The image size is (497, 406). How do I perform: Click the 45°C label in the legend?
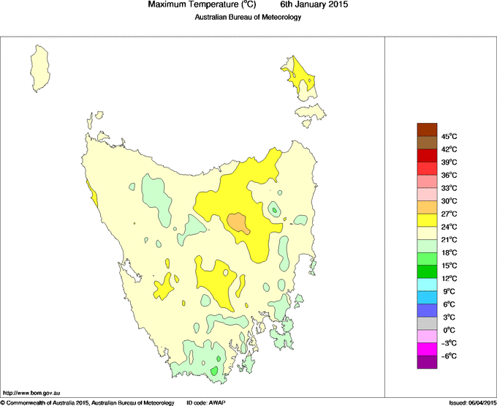tap(449, 136)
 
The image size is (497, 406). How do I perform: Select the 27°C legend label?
tap(449, 214)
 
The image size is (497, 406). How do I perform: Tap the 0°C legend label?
tap(449, 330)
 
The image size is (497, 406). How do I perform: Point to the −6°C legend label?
tap(449, 356)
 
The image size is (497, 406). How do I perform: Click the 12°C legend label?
tap(449, 278)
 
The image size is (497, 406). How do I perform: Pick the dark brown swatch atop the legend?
tap(427, 129)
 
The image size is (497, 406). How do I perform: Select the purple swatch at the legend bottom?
tap(427, 361)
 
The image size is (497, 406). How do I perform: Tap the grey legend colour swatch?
tap(427, 323)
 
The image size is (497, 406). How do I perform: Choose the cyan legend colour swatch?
tap(427, 284)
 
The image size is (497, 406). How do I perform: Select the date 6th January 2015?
tap(314, 5)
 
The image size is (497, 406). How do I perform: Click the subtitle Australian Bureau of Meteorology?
tap(248, 18)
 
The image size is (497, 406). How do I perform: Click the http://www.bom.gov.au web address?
tap(31, 394)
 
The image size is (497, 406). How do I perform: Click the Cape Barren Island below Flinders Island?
tap(311, 113)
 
